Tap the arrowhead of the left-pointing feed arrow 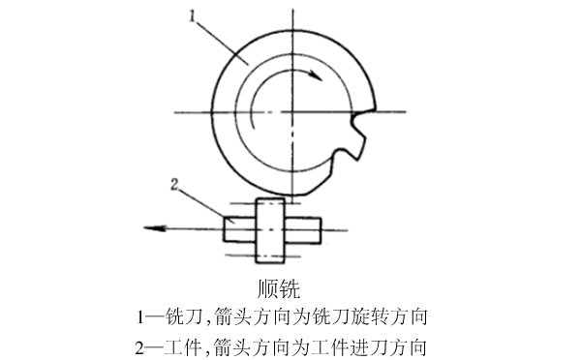coord(147,228)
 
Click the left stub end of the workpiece coord(238,228)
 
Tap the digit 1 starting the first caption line coord(144,316)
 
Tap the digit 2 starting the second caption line coord(144,345)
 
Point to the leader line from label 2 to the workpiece coord(205,204)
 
